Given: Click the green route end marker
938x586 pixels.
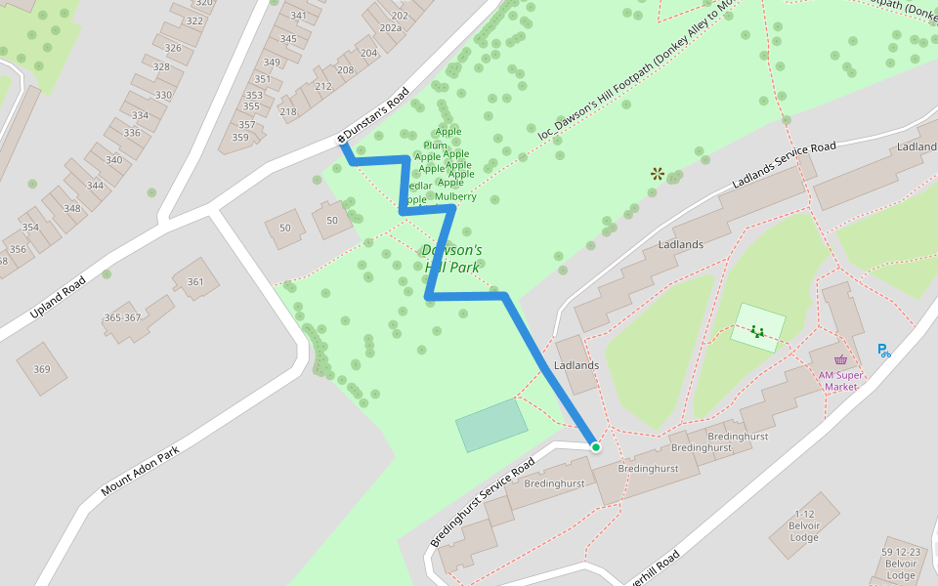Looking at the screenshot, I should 595,447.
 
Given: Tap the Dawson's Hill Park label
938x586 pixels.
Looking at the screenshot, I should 452,259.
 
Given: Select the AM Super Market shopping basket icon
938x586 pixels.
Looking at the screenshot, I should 840,359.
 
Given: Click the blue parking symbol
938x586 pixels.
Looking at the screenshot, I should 883,350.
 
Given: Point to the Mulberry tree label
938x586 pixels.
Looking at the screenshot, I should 455,196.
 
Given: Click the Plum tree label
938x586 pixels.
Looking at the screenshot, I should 435,146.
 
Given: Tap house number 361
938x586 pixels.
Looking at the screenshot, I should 195,282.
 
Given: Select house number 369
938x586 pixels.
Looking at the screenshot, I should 41,369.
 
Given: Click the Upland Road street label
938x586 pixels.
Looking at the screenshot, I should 58,297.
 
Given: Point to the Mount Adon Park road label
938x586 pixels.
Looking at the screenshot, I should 141,472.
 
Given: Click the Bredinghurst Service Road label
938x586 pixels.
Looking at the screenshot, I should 483,502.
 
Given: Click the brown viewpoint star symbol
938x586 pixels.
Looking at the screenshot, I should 658,174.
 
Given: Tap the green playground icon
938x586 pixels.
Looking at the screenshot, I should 757,331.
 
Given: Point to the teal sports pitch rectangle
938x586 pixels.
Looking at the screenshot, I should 491,425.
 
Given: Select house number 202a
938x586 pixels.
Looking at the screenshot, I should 391,28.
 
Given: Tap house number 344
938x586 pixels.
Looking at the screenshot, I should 95,186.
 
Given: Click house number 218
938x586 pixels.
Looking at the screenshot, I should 288,111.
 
